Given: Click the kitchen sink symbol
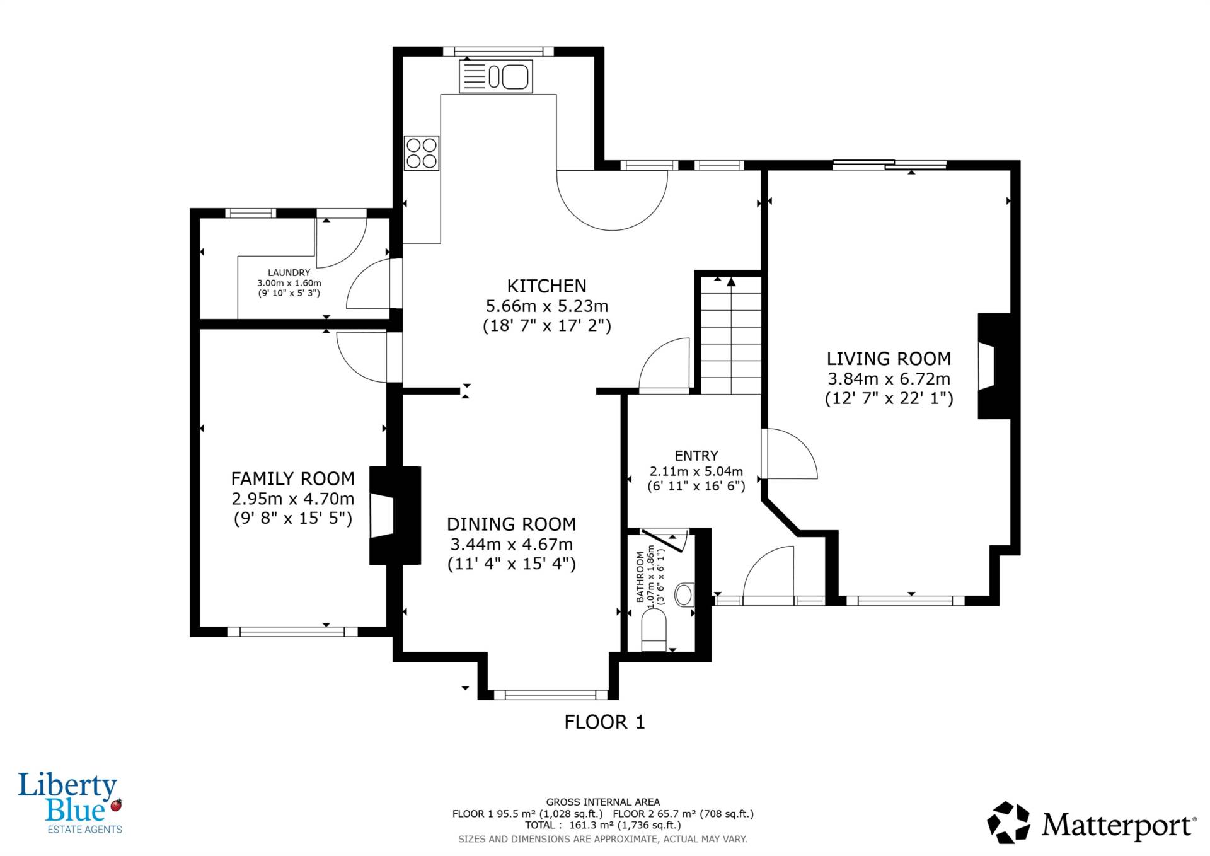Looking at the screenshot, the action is click(x=496, y=76).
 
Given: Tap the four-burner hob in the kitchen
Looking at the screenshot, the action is click(x=422, y=153).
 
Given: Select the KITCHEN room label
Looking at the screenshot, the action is click(x=547, y=286).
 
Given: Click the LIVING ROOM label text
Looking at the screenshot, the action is click(x=889, y=359).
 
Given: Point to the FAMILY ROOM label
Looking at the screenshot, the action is click(x=293, y=478).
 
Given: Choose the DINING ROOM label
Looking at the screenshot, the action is click(x=511, y=524).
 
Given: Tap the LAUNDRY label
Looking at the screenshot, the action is click(x=289, y=273).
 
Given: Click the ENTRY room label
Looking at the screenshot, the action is click(x=696, y=456).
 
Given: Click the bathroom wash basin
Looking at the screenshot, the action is click(x=684, y=594).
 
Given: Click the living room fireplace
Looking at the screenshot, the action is click(x=993, y=366).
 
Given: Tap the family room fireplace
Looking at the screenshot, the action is click(x=395, y=516).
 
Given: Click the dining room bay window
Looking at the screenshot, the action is click(x=550, y=695).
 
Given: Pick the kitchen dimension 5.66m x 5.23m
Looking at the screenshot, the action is click(x=547, y=306).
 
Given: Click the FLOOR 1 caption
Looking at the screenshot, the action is click(x=605, y=722).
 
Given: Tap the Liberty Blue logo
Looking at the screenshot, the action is click(x=70, y=803).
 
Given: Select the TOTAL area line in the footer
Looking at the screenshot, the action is click(x=603, y=825).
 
